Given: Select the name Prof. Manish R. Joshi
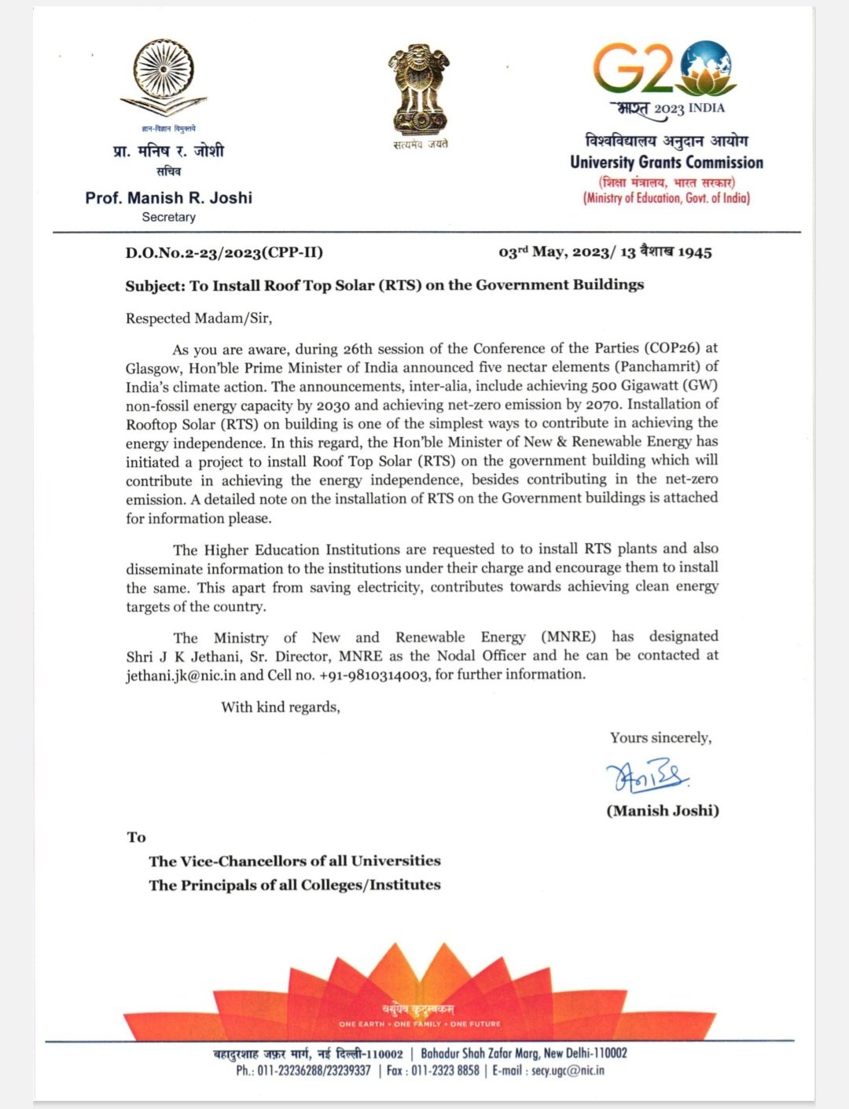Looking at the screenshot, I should pos(168,198).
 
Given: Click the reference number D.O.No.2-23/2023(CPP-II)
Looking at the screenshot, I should pos(224,253).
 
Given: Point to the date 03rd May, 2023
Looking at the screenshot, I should pos(554,252).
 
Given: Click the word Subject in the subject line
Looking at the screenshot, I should pos(154,285).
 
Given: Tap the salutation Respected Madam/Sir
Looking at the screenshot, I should pos(198,318).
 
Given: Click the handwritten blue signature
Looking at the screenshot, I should pos(647,777).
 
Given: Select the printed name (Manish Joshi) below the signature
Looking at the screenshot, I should pos(662,810).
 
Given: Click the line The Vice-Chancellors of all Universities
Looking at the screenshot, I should pos(295,861).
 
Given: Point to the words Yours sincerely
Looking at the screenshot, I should pos(660,738).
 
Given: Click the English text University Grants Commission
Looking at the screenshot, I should pos(666,163).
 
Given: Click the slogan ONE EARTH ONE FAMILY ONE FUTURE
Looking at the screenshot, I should pos(419,1024).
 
